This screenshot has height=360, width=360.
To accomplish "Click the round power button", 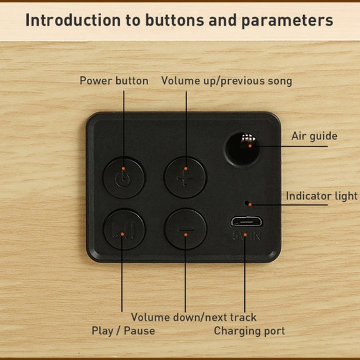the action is (x=124, y=178).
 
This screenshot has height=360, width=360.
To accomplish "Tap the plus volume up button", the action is (x=185, y=177).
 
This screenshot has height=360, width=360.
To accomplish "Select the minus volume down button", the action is (x=186, y=229).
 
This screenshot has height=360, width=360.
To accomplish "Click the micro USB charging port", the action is (x=246, y=222).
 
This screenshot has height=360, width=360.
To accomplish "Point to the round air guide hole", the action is (x=242, y=149).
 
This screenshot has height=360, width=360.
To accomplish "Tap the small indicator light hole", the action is (x=247, y=203).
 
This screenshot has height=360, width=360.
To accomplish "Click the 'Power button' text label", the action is (x=114, y=81).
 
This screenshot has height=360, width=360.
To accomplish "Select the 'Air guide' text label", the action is (x=314, y=136).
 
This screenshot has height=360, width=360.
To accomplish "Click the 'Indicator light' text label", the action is (x=322, y=196).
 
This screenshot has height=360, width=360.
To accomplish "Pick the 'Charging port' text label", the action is (x=249, y=331).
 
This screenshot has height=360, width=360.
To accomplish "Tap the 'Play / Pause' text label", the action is (x=123, y=331).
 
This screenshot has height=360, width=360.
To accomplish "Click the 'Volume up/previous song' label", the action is (x=227, y=81).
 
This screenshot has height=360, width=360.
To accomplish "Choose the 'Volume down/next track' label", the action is (x=194, y=317).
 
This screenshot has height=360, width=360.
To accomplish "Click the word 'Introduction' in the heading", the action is (x=73, y=20).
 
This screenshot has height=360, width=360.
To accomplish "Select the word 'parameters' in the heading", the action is (x=287, y=21).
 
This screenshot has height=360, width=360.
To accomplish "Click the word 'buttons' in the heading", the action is (x=174, y=20).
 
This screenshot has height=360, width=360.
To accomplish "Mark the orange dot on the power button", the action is (x=123, y=169).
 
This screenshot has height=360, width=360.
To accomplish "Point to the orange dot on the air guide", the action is (x=250, y=146).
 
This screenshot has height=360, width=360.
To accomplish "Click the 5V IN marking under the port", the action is (x=246, y=236).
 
